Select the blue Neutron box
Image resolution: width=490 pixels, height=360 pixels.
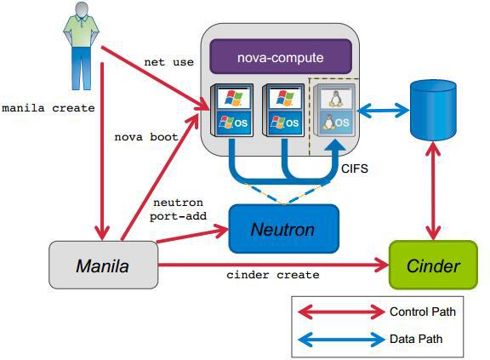(x=283, y=229)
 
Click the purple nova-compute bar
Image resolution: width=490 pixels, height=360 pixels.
(x=281, y=58)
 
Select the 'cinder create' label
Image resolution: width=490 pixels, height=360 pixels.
(x=272, y=275)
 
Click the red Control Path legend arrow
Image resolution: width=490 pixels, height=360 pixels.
(x=339, y=312)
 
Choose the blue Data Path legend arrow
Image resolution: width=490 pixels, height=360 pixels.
(x=339, y=339)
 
